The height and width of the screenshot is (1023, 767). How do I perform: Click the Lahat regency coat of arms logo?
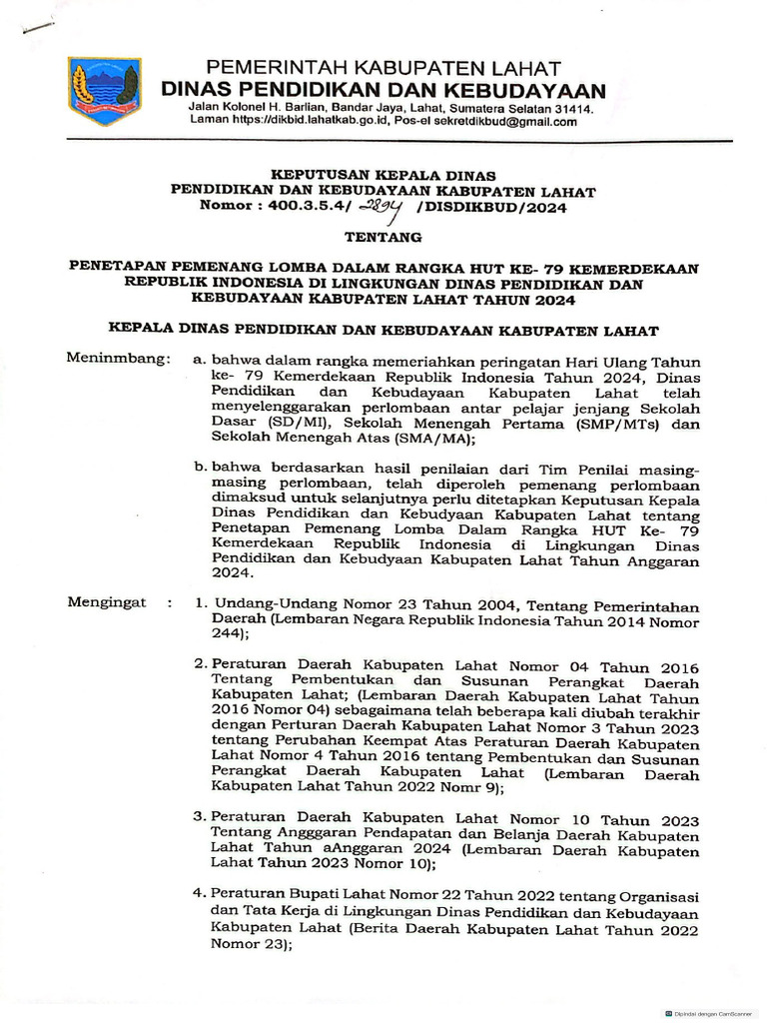click(105, 90)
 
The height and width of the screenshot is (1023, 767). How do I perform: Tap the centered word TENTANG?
click(383, 238)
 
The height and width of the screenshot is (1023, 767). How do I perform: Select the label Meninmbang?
click(113, 358)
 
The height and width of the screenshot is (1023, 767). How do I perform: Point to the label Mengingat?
click(106, 602)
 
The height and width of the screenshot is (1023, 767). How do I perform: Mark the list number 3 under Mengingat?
click(200, 817)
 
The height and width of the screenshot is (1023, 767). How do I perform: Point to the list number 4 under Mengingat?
click(200, 892)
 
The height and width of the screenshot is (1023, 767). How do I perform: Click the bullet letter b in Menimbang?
click(201, 466)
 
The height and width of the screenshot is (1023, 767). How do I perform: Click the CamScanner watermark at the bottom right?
click(712, 1012)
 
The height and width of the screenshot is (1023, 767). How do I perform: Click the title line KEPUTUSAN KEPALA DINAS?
click(383, 176)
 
